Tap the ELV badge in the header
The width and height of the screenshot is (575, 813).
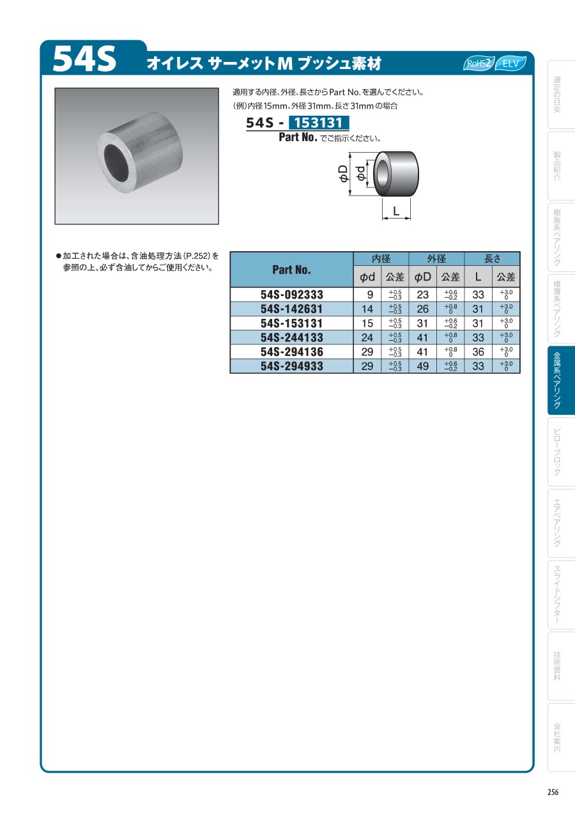pyautogui.click(x=510, y=63)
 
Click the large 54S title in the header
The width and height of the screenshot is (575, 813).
pyautogui.click(x=84, y=59)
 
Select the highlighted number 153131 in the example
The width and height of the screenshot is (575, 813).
pyautogui.click(x=319, y=123)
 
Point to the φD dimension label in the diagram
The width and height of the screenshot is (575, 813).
pyautogui.click(x=343, y=173)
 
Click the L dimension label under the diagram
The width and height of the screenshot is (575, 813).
pyautogui.click(x=396, y=210)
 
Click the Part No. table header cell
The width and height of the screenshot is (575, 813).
pyautogui.click(x=292, y=269)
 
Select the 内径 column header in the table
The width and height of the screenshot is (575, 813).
pyautogui.click(x=381, y=258)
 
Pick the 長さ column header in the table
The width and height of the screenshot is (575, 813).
pyautogui.click(x=492, y=258)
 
